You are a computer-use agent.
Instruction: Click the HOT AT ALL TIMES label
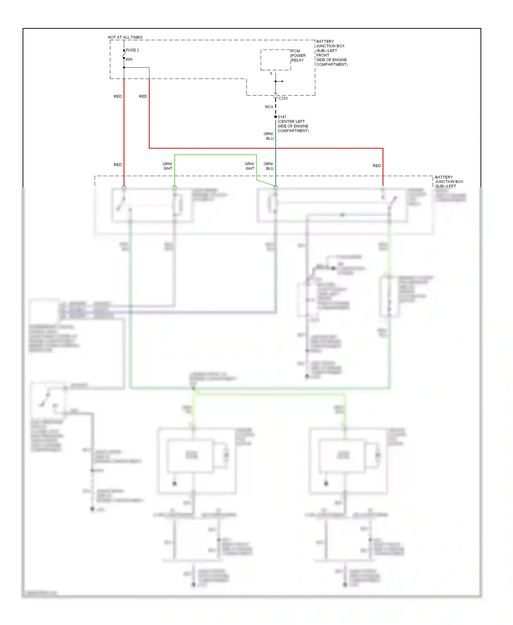[x=125, y=37]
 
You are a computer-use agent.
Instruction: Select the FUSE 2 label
[x=132, y=50]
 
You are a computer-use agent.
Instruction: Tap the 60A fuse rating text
[x=129, y=59]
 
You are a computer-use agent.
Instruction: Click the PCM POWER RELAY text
[x=298, y=55]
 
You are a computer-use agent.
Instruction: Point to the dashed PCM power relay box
[x=275, y=60]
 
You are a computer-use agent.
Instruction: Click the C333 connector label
[x=283, y=98]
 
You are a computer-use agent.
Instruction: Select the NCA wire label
[x=269, y=107]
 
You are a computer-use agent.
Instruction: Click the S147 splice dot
[x=275, y=117]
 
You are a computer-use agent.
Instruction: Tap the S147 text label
[x=282, y=117]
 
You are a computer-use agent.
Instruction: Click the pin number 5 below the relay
[x=271, y=74]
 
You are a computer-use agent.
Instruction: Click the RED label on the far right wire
[x=377, y=165]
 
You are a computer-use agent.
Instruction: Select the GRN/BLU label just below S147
[x=269, y=136]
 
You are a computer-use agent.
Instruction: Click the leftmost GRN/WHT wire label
[x=168, y=166]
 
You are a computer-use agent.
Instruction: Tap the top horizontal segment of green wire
[x=215, y=155]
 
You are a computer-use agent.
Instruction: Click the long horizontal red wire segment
[x=267, y=148]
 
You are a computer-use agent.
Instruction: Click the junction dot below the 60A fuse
[x=124, y=67]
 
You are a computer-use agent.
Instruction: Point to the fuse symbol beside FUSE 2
[x=124, y=54]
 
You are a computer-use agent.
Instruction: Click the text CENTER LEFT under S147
[x=291, y=121]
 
